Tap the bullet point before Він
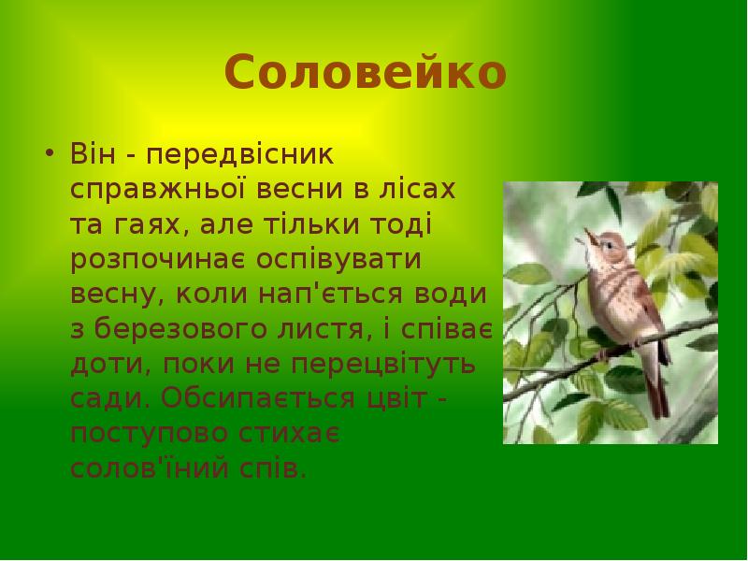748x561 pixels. coord(49,152)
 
